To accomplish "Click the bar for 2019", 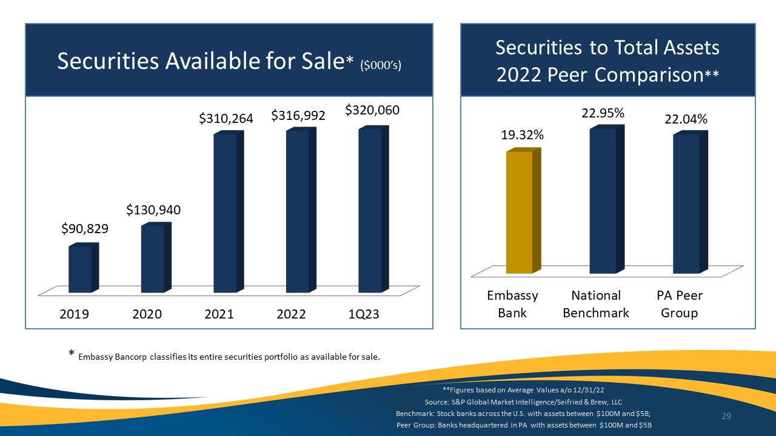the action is pos(84,268).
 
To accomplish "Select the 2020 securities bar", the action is pos(156,257).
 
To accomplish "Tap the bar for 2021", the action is pos(229,212).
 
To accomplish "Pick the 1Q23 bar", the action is pos(373,210).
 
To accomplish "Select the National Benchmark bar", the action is pos(607,199).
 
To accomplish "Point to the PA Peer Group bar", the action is pos(691,202).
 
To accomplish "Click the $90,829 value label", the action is pos(85,229).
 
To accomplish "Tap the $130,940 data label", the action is pos(153,210).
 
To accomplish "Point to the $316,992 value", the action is pos(298,116).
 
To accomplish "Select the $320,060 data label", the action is pos(372,110).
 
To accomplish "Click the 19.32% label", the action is pos(523,135).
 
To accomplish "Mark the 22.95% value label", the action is pos(603,113).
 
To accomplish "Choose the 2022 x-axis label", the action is pos(291,314).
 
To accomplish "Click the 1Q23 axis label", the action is pos(363,314).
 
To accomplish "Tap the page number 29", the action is pos(726,416).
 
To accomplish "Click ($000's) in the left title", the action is pos(381,65).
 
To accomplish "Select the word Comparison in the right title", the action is pos(649,75).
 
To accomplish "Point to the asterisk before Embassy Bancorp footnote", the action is pos(72,353).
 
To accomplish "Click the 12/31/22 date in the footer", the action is pos(588,390).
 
